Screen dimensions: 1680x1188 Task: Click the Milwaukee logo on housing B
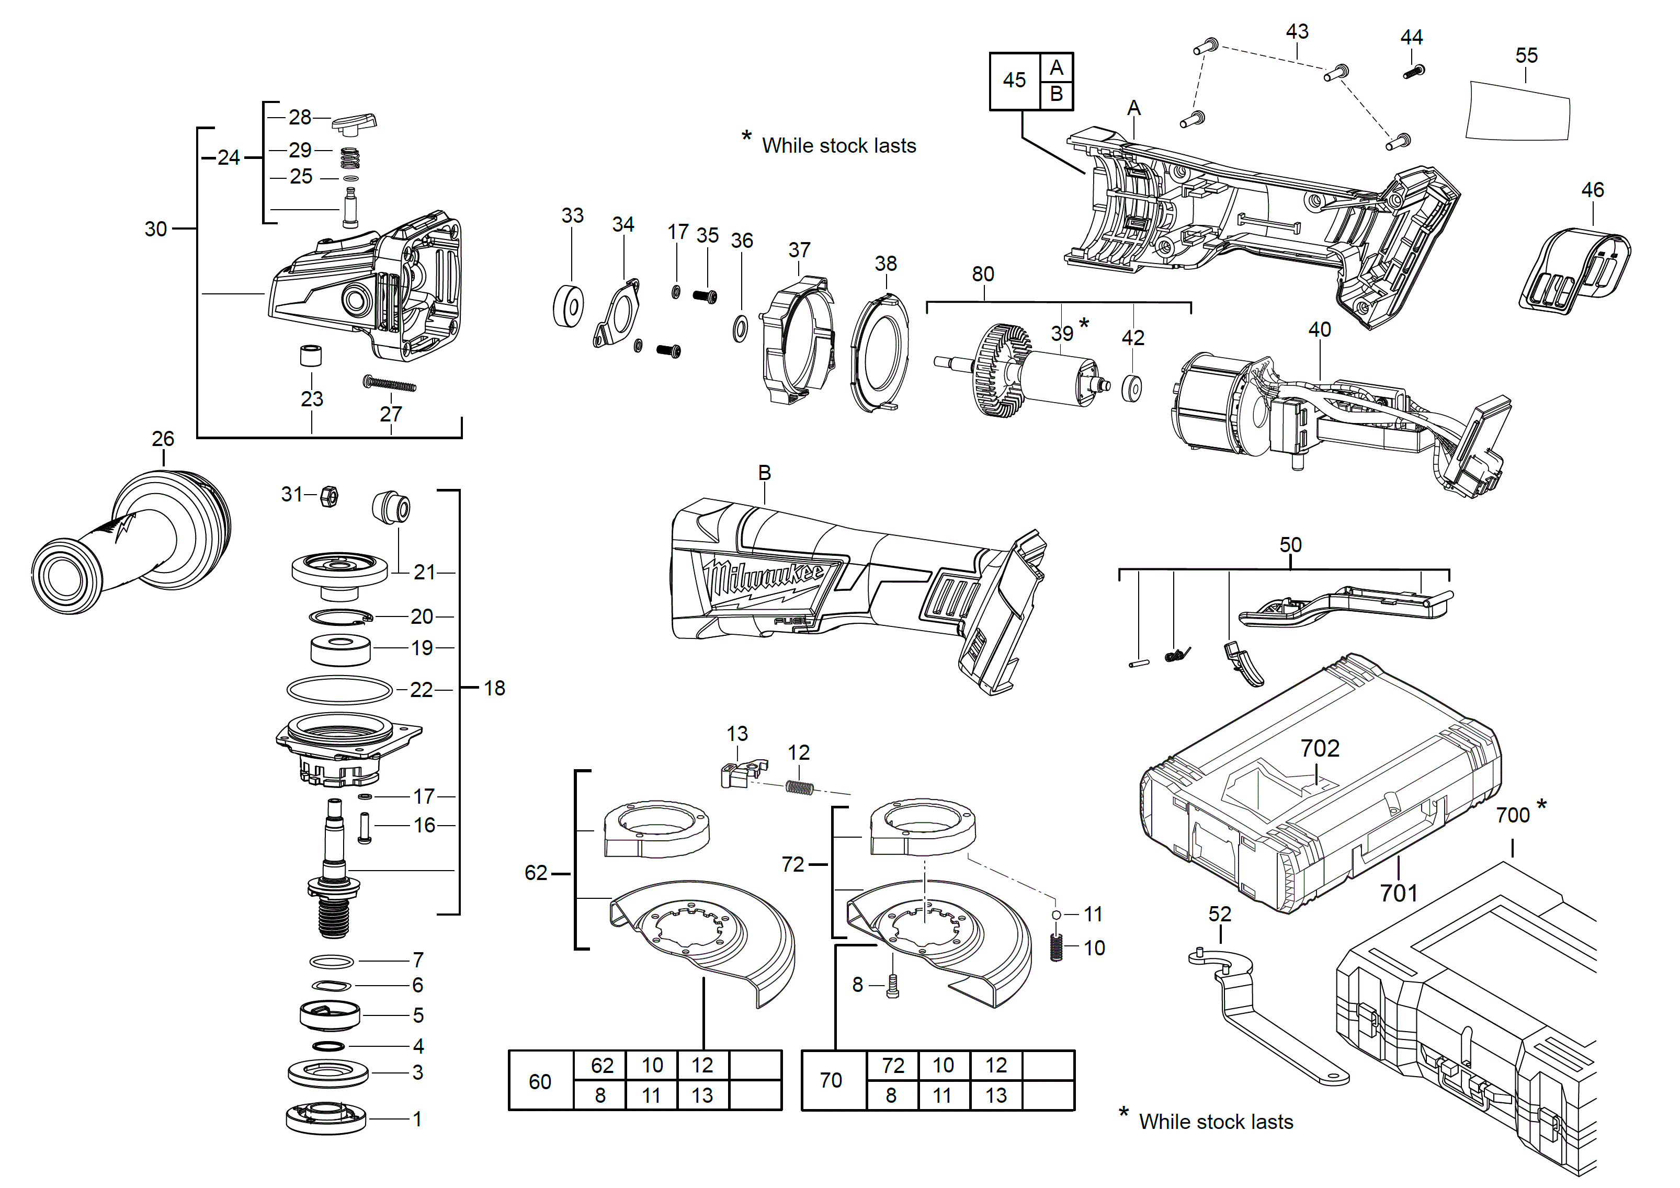pyautogui.click(x=765, y=583)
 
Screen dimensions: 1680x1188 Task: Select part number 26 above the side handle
pyautogui.click(x=163, y=439)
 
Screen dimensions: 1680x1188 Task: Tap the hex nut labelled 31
pyautogui.click(x=330, y=497)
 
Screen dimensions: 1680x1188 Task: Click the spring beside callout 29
pyautogui.click(x=350, y=157)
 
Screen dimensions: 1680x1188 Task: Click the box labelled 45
pyautogui.click(x=1014, y=81)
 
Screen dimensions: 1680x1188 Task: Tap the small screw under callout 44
pyautogui.click(x=1414, y=72)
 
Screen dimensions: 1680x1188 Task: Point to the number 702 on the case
pyautogui.click(x=1320, y=748)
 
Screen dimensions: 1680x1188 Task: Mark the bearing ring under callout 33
pyautogui.click(x=568, y=306)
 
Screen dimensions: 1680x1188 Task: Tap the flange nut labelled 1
pyautogui.click(x=326, y=1118)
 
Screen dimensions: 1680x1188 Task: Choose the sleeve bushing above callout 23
pyautogui.click(x=312, y=356)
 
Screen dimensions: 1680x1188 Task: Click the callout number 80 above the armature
pyautogui.click(x=983, y=275)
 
